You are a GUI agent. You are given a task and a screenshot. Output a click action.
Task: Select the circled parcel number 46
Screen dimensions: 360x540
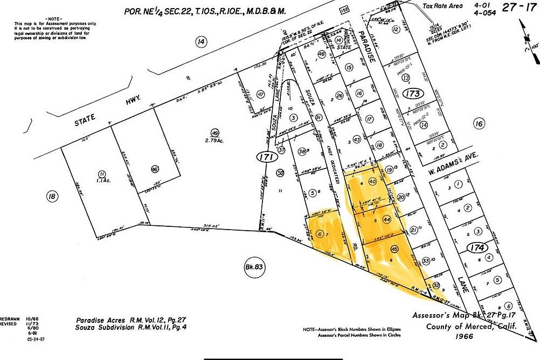tap(155, 168)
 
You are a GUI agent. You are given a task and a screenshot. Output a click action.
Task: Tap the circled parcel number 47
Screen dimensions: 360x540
tap(261, 94)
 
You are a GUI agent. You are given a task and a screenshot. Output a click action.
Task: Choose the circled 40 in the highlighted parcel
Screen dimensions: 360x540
tap(372, 182)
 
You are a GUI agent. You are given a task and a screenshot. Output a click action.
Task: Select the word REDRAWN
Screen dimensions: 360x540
tap(8, 318)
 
